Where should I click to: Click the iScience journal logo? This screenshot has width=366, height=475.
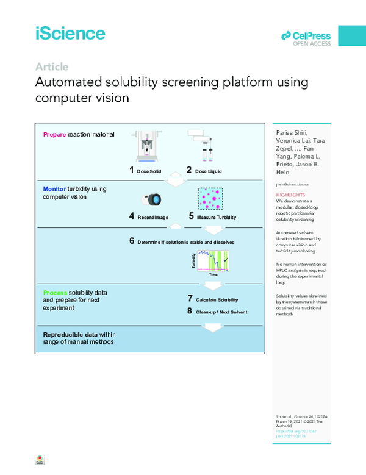[70, 33]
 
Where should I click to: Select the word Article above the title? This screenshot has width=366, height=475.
[52, 67]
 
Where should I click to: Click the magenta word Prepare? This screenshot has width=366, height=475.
[55, 134]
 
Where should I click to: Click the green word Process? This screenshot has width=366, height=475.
[55, 294]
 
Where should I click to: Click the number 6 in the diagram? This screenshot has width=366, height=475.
[132, 241]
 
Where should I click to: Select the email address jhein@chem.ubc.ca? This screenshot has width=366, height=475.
[292, 184]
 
